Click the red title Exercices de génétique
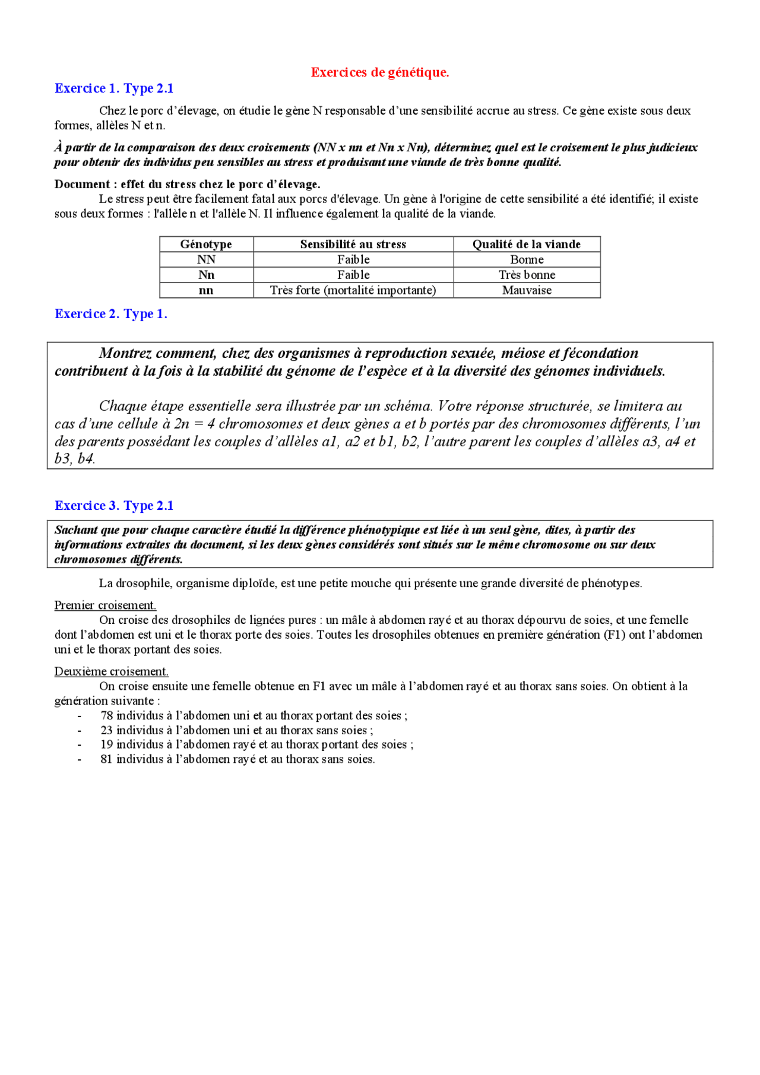[x=379, y=72]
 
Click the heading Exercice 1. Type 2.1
[x=114, y=88]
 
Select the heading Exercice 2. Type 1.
[x=111, y=314]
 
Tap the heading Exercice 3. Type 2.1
[x=114, y=506]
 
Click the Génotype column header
[x=206, y=245]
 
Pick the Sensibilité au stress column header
[x=353, y=245]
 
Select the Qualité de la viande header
[x=526, y=245]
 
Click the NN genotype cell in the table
[x=206, y=260]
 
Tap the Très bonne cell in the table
[x=526, y=275]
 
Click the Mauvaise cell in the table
[x=526, y=291]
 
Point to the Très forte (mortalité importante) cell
[x=353, y=291]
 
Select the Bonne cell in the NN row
[x=526, y=260]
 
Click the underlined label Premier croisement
[x=105, y=605]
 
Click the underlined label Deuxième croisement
[x=111, y=671]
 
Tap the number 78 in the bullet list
[x=107, y=716]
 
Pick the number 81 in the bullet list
[x=107, y=759]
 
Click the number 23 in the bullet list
[x=107, y=731]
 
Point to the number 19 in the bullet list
[x=107, y=745]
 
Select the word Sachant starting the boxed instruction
[x=76, y=530]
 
